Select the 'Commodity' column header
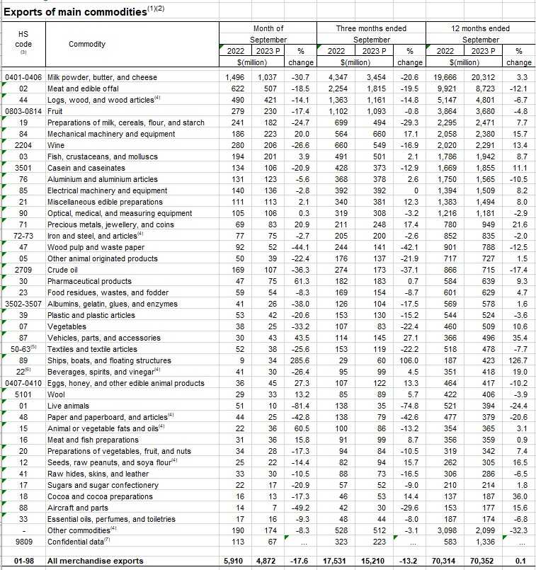click(x=87, y=45)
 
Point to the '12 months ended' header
click(x=481, y=28)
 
